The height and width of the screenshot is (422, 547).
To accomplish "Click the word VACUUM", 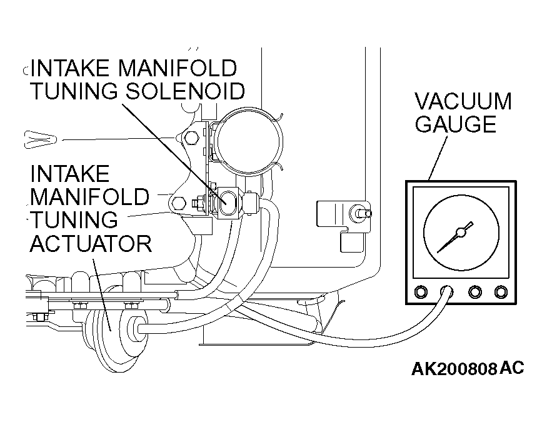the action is [x=463, y=101].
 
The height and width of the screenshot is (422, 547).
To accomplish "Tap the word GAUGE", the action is [x=456, y=124].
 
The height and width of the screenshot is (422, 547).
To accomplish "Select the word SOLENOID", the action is [x=185, y=91].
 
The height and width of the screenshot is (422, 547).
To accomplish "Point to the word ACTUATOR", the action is [x=91, y=243].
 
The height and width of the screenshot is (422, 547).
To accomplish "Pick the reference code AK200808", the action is [x=454, y=369].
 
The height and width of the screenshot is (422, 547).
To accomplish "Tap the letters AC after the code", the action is [x=512, y=368].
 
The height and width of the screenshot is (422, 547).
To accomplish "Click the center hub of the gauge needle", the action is [x=461, y=233].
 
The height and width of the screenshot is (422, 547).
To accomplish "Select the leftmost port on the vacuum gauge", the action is [x=421, y=291].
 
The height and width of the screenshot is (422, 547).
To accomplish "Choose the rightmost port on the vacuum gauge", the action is [x=501, y=291].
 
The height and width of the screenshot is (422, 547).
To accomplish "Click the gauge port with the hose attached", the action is [x=447, y=291].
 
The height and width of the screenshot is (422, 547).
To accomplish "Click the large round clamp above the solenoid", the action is [x=248, y=141].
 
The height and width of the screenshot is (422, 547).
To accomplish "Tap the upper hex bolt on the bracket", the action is [x=191, y=138].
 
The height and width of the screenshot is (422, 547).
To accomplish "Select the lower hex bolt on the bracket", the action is [x=179, y=204].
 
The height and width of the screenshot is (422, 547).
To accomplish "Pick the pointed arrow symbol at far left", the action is [x=40, y=139].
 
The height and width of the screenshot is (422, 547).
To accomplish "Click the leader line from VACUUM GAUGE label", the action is [x=438, y=158].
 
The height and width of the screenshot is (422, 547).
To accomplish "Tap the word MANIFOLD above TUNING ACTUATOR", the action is [x=89, y=196].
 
